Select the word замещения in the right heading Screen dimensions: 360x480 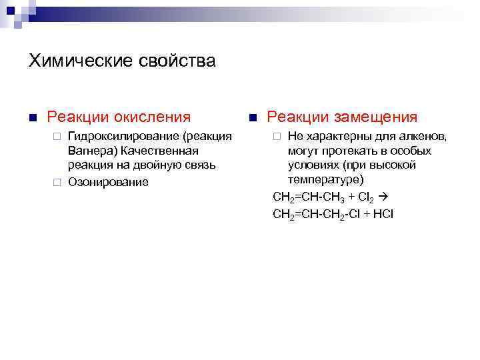pyautogui.click(x=377, y=117)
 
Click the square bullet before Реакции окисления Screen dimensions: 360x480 pyautogui.click(x=31, y=118)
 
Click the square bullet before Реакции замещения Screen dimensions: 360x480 pyautogui.click(x=252, y=118)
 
